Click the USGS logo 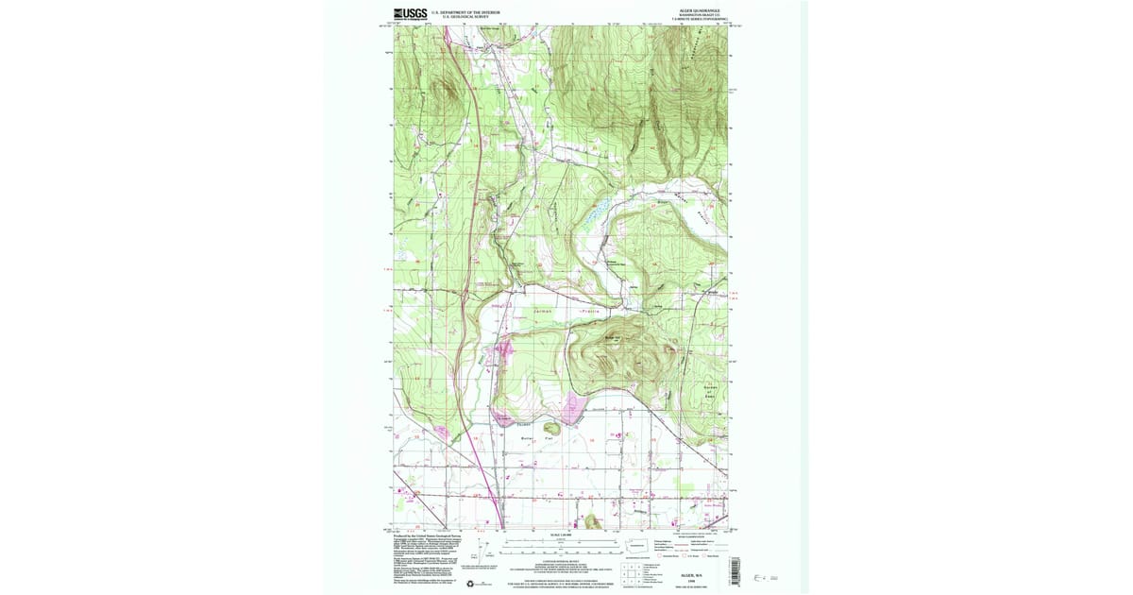410,13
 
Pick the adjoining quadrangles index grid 628,571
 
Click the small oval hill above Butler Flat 553,427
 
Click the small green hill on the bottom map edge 592,520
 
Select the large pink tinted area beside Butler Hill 573,411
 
